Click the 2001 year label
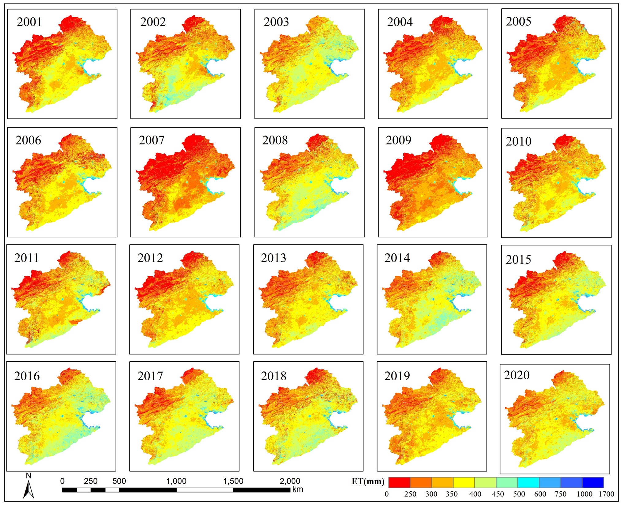tap(29, 22)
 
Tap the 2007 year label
tap(151, 140)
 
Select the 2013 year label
tap(274, 258)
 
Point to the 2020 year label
tap(517, 375)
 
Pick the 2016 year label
tap(27, 376)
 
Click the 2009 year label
tap(398, 140)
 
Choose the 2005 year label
tap(519, 21)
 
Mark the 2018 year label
tap(274, 376)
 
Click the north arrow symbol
tap(29, 490)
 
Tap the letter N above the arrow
tap(29, 476)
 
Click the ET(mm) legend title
tap(368, 481)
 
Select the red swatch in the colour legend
tap(399, 482)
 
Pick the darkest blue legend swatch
tap(593, 482)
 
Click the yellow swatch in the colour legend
tap(464, 482)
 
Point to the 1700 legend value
tap(606, 494)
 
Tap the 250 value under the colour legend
tap(410, 494)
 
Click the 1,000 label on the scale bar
tap(176, 481)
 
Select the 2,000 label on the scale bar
tap(290, 481)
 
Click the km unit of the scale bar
tap(297, 489)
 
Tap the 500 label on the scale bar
tap(119, 481)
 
